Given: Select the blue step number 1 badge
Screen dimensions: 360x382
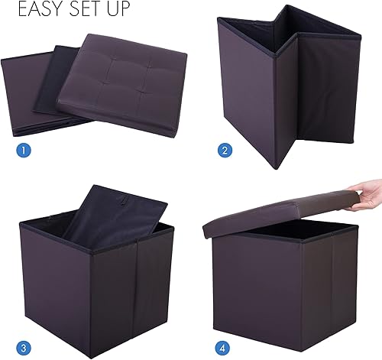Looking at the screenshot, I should coord(24,150).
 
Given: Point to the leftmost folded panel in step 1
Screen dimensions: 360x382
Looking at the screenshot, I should coord(31,88).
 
